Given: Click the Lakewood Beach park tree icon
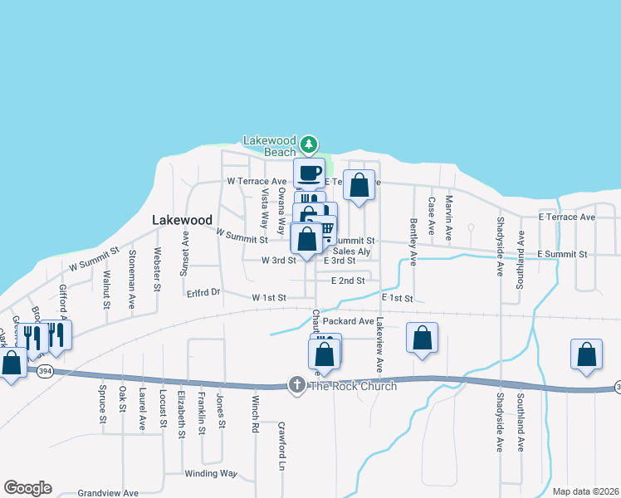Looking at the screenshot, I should pos(309,145).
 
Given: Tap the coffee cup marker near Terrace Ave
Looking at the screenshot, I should pos(309,173).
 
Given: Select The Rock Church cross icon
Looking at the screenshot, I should pos(296,385).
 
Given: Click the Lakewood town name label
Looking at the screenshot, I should pos(182,220).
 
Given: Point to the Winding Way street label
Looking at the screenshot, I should pos(211,474).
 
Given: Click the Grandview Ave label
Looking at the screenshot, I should pos(108,492).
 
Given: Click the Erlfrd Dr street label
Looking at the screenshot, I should pos(203,291).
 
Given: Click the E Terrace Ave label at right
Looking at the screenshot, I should pos(567,217).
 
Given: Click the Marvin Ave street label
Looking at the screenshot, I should pos(449,214).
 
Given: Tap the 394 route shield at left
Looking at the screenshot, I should pos(45,372).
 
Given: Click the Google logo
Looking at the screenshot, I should pos(27,488).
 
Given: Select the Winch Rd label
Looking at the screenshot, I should pos(255,414).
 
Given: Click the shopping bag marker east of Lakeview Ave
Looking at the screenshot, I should pos(423,337).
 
